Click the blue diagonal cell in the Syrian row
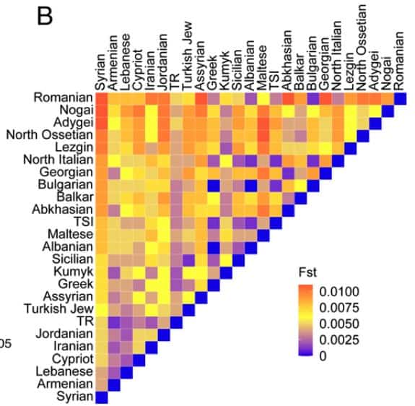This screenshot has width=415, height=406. click(102, 397)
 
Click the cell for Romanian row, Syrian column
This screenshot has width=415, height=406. click(102, 98)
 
